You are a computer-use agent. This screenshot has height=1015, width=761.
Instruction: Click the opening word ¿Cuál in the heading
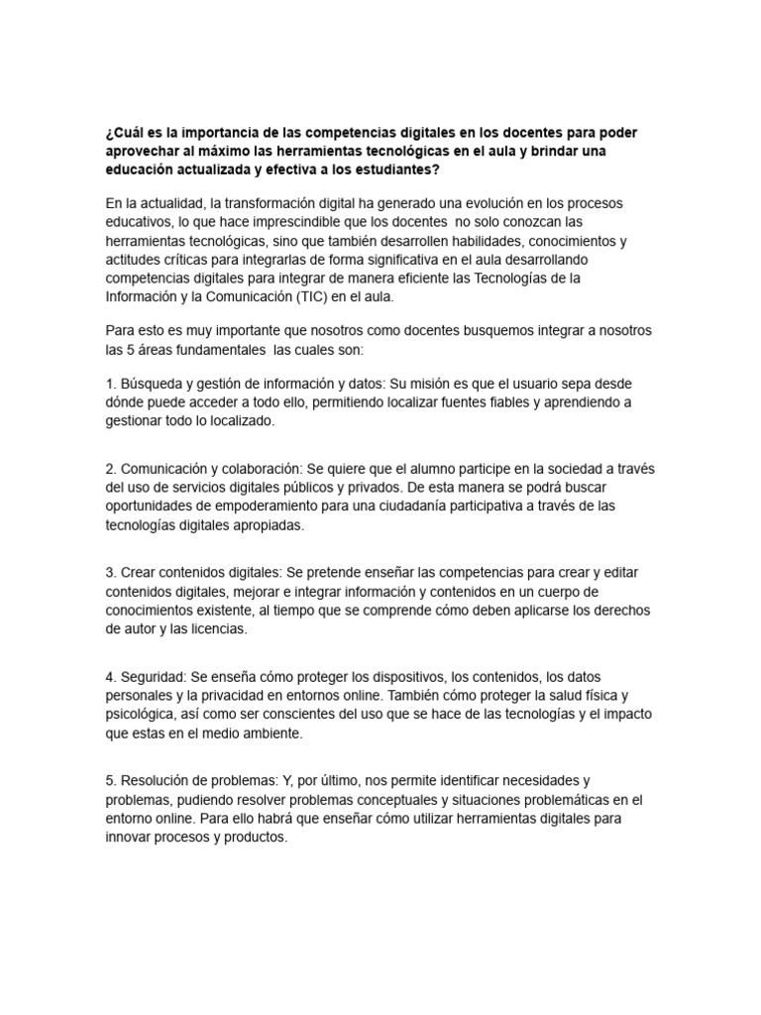tap(125, 133)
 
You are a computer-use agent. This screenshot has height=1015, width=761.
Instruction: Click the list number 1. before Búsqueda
tap(110, 384)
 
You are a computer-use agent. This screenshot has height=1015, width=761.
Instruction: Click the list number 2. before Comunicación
tap(110, 469)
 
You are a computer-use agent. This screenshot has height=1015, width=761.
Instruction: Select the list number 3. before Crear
tap(110, 573)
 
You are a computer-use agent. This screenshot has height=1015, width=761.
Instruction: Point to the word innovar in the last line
tap(130, 838)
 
